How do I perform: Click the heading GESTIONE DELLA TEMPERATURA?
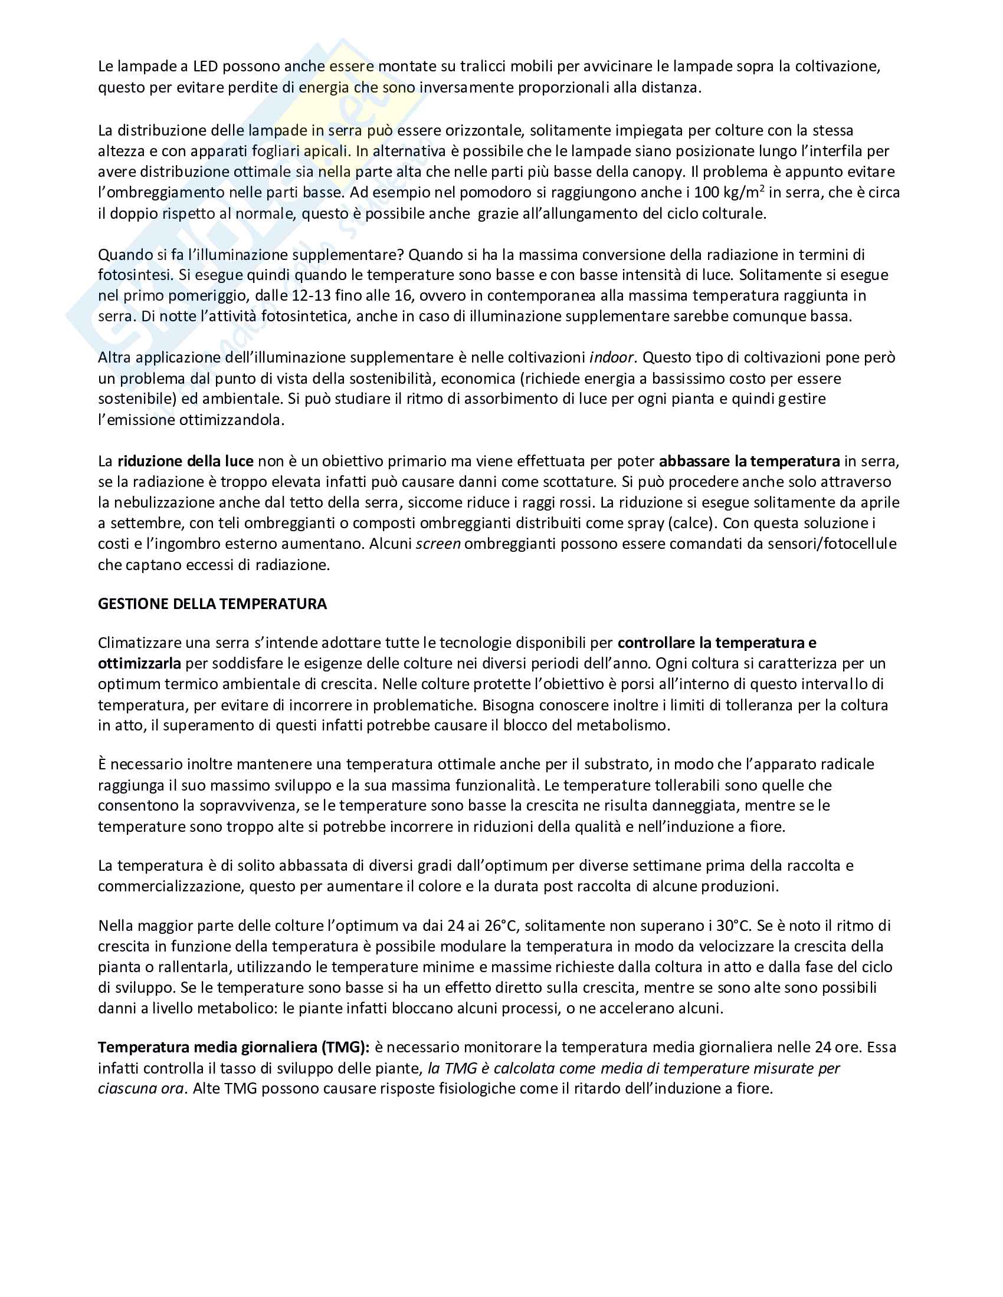212,604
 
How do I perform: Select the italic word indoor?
611,357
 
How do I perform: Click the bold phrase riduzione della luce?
185,461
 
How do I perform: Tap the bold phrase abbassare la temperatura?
749,461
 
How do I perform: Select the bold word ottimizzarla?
139,663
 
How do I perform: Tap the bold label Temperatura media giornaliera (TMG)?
234,1047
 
